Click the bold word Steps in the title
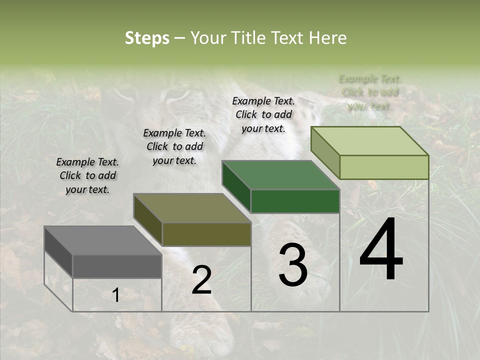tap(147, 38)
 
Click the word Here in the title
tap(327, 38)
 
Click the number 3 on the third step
tap(292, 265)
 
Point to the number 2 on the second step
tap(201, 280)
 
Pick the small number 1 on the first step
tap(115, 295)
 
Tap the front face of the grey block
tap(117, 266)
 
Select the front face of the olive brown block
tap(206, 234)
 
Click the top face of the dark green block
tap(280, 175)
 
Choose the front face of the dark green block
tap(295, 201)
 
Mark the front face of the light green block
tap(384, 167)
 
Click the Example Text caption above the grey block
tap(87, 175)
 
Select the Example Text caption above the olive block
tap(174, 146)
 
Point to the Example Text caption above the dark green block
tap(263, 114)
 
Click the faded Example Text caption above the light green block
tap(370, 92)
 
